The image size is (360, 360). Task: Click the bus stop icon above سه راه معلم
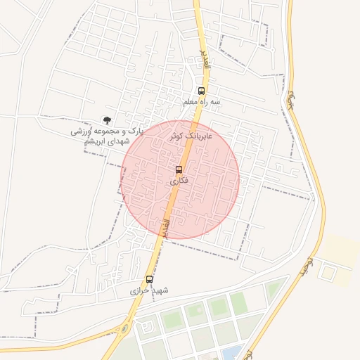pyautogui.click(x=202, y=91)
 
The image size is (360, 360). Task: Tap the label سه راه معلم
pyautogui.click(x=202, y=102)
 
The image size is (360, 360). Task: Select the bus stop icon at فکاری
pyautogui.click(x=179, y=169)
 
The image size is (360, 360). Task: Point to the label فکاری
pyautogui.click(x=179, y=181)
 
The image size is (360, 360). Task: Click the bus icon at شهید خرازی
pyautogui.click(x=149, y=279)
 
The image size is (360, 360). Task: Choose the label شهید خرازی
pyautogui.click(x=150, y=290)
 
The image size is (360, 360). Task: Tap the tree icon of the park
pyautogui.click(x=107, y=121)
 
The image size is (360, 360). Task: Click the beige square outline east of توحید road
pyautogui.click(x=328, y=271)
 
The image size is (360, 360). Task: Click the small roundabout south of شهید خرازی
pyautogui.click(x=125, y=328)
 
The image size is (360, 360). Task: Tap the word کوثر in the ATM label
pyautogui.click(x=176, y=134)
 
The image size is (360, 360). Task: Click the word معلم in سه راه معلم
pyautogui.click(x=191, y=102)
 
